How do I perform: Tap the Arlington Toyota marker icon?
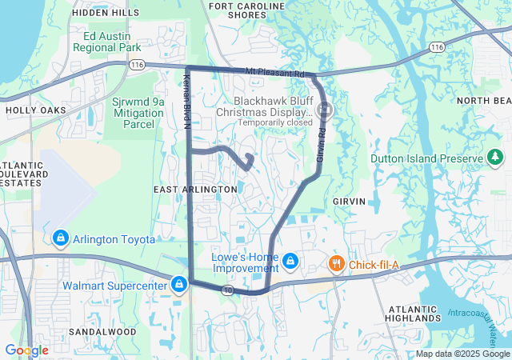61,238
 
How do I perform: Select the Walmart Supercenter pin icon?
180,285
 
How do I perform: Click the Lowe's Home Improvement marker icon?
290,262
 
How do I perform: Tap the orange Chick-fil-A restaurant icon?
338,263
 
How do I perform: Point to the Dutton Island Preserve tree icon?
496,157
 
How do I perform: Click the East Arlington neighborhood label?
195,189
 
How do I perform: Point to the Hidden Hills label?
105,13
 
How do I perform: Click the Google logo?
26,350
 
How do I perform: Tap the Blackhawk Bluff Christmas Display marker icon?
327,110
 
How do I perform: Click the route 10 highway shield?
229,289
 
